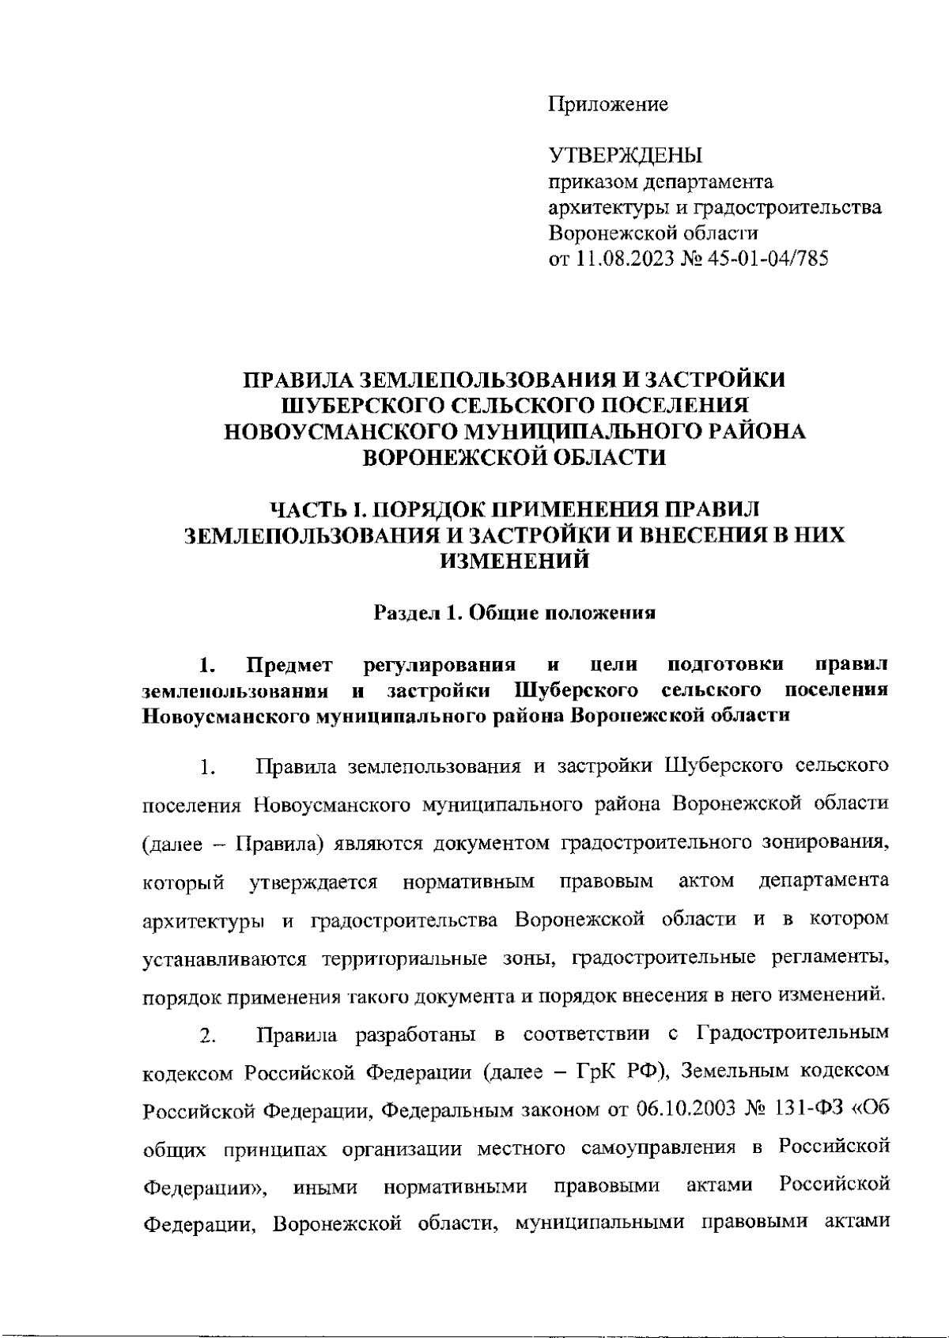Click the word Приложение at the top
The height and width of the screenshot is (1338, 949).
pyautogui.click(x=608, y=104)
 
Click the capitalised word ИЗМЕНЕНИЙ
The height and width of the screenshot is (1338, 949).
pyautogui.click(x=514, y=561)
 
